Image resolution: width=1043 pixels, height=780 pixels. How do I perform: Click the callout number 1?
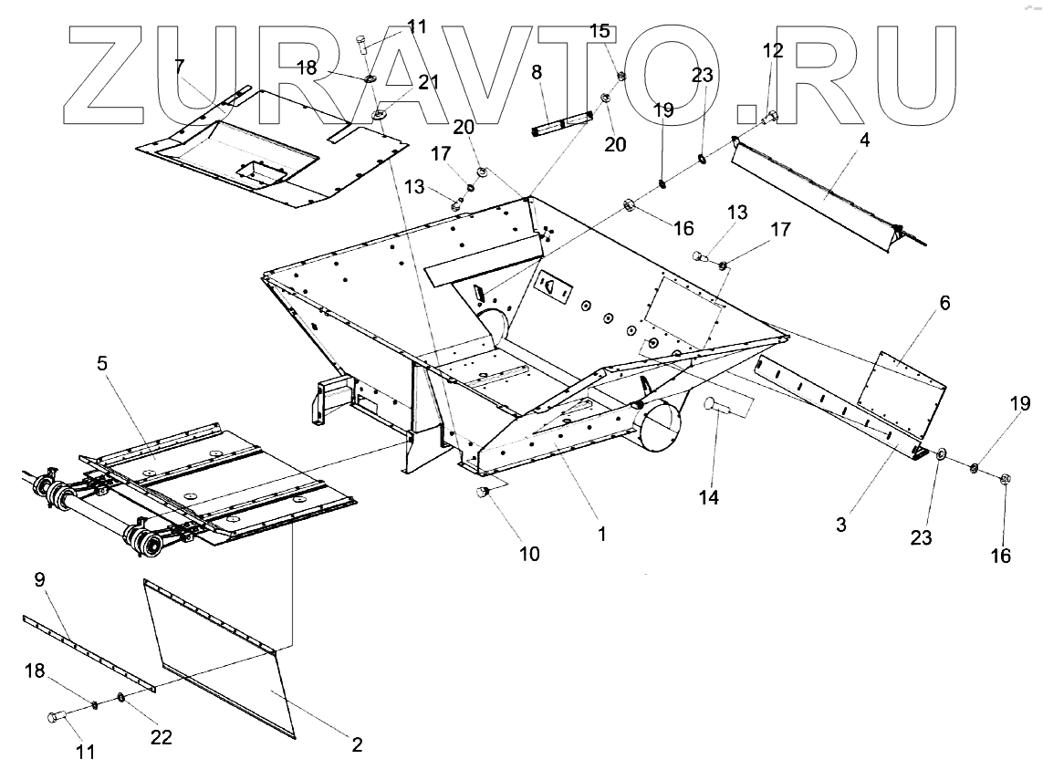[601, 534]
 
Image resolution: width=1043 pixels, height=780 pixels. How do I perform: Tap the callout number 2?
[357, 744]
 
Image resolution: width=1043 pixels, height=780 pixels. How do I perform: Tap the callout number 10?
[529, 552]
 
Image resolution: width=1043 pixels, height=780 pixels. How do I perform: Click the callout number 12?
[773, 51]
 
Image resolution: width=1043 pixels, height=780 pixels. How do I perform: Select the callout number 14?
[709, 497]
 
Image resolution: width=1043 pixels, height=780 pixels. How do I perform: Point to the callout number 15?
[599, 31]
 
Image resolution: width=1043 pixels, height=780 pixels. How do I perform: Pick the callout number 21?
[429, 82]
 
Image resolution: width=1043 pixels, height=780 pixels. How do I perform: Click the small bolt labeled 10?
[485, 494]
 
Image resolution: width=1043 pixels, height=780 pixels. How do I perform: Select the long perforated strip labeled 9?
[87, 651]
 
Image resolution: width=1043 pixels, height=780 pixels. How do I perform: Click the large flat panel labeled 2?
[224, 657]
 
